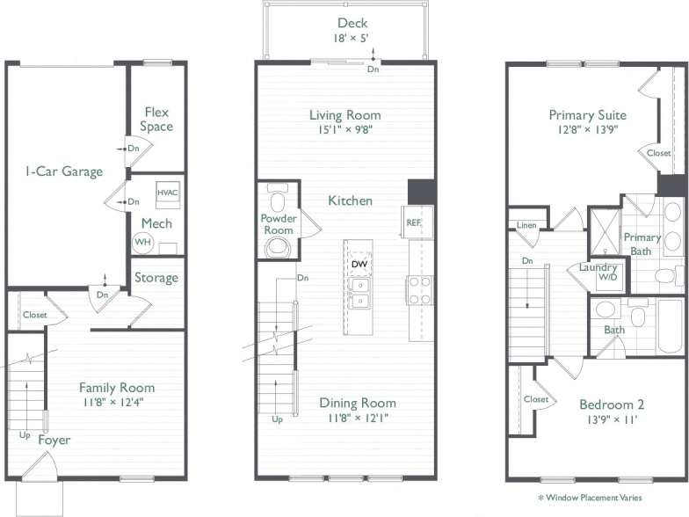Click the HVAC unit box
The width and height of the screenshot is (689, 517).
[167, 193]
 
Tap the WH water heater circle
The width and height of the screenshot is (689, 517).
[142, 242]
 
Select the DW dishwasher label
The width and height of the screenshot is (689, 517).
[359, 264]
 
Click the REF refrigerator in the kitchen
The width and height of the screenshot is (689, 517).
[413, 222]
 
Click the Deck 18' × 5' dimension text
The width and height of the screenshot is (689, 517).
[352, 39]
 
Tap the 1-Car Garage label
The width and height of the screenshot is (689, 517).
[63, 171]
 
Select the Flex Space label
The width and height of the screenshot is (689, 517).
[156, 120]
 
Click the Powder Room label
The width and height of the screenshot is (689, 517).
[278, 224]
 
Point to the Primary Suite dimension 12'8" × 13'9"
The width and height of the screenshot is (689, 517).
[587, 131]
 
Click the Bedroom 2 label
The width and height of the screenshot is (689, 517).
[612, 404]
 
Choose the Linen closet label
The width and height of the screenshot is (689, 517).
[526, 224]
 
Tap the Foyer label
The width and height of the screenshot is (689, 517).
[54, 440]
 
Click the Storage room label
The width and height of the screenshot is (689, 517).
[156, 278]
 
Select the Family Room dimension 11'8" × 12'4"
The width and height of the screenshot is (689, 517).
[117, 403]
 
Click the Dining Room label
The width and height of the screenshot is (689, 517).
[357, 403]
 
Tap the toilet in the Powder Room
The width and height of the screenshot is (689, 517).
[279, 246]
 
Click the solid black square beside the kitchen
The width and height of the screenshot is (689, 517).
[421, 192]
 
